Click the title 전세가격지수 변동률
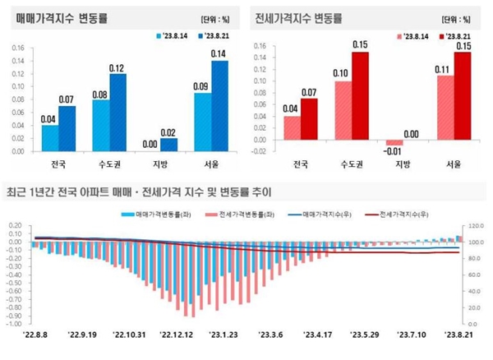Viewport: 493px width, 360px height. pyautogui.click(x=299, y=17)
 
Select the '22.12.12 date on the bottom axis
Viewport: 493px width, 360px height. pyautogui.click(x=177, y=335)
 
